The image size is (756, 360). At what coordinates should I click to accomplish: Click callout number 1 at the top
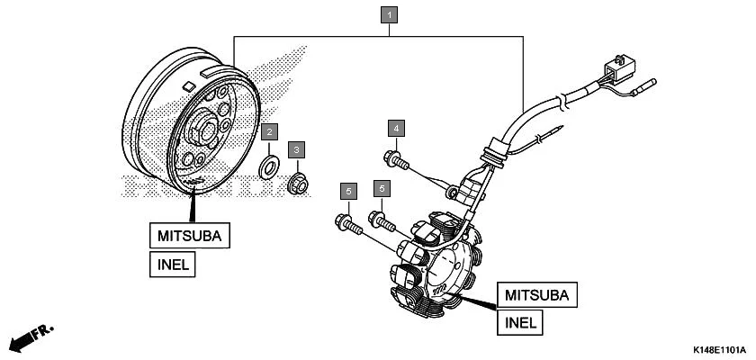tap(389, 15)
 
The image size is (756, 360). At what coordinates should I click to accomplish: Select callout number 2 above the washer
tap(268, 132)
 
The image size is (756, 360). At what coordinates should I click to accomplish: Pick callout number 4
tap(395, 126)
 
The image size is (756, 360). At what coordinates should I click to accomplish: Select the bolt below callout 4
tap(397, 163)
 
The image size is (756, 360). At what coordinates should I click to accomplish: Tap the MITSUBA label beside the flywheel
tap(190, 236)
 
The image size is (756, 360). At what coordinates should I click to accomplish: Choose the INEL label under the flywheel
tap(173, 265)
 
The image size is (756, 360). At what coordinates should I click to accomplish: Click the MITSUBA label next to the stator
tap(537, 294)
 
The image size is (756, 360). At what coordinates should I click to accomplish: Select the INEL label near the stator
tap(520, 322)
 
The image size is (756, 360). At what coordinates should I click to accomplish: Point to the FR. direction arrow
tap(27, 339)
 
